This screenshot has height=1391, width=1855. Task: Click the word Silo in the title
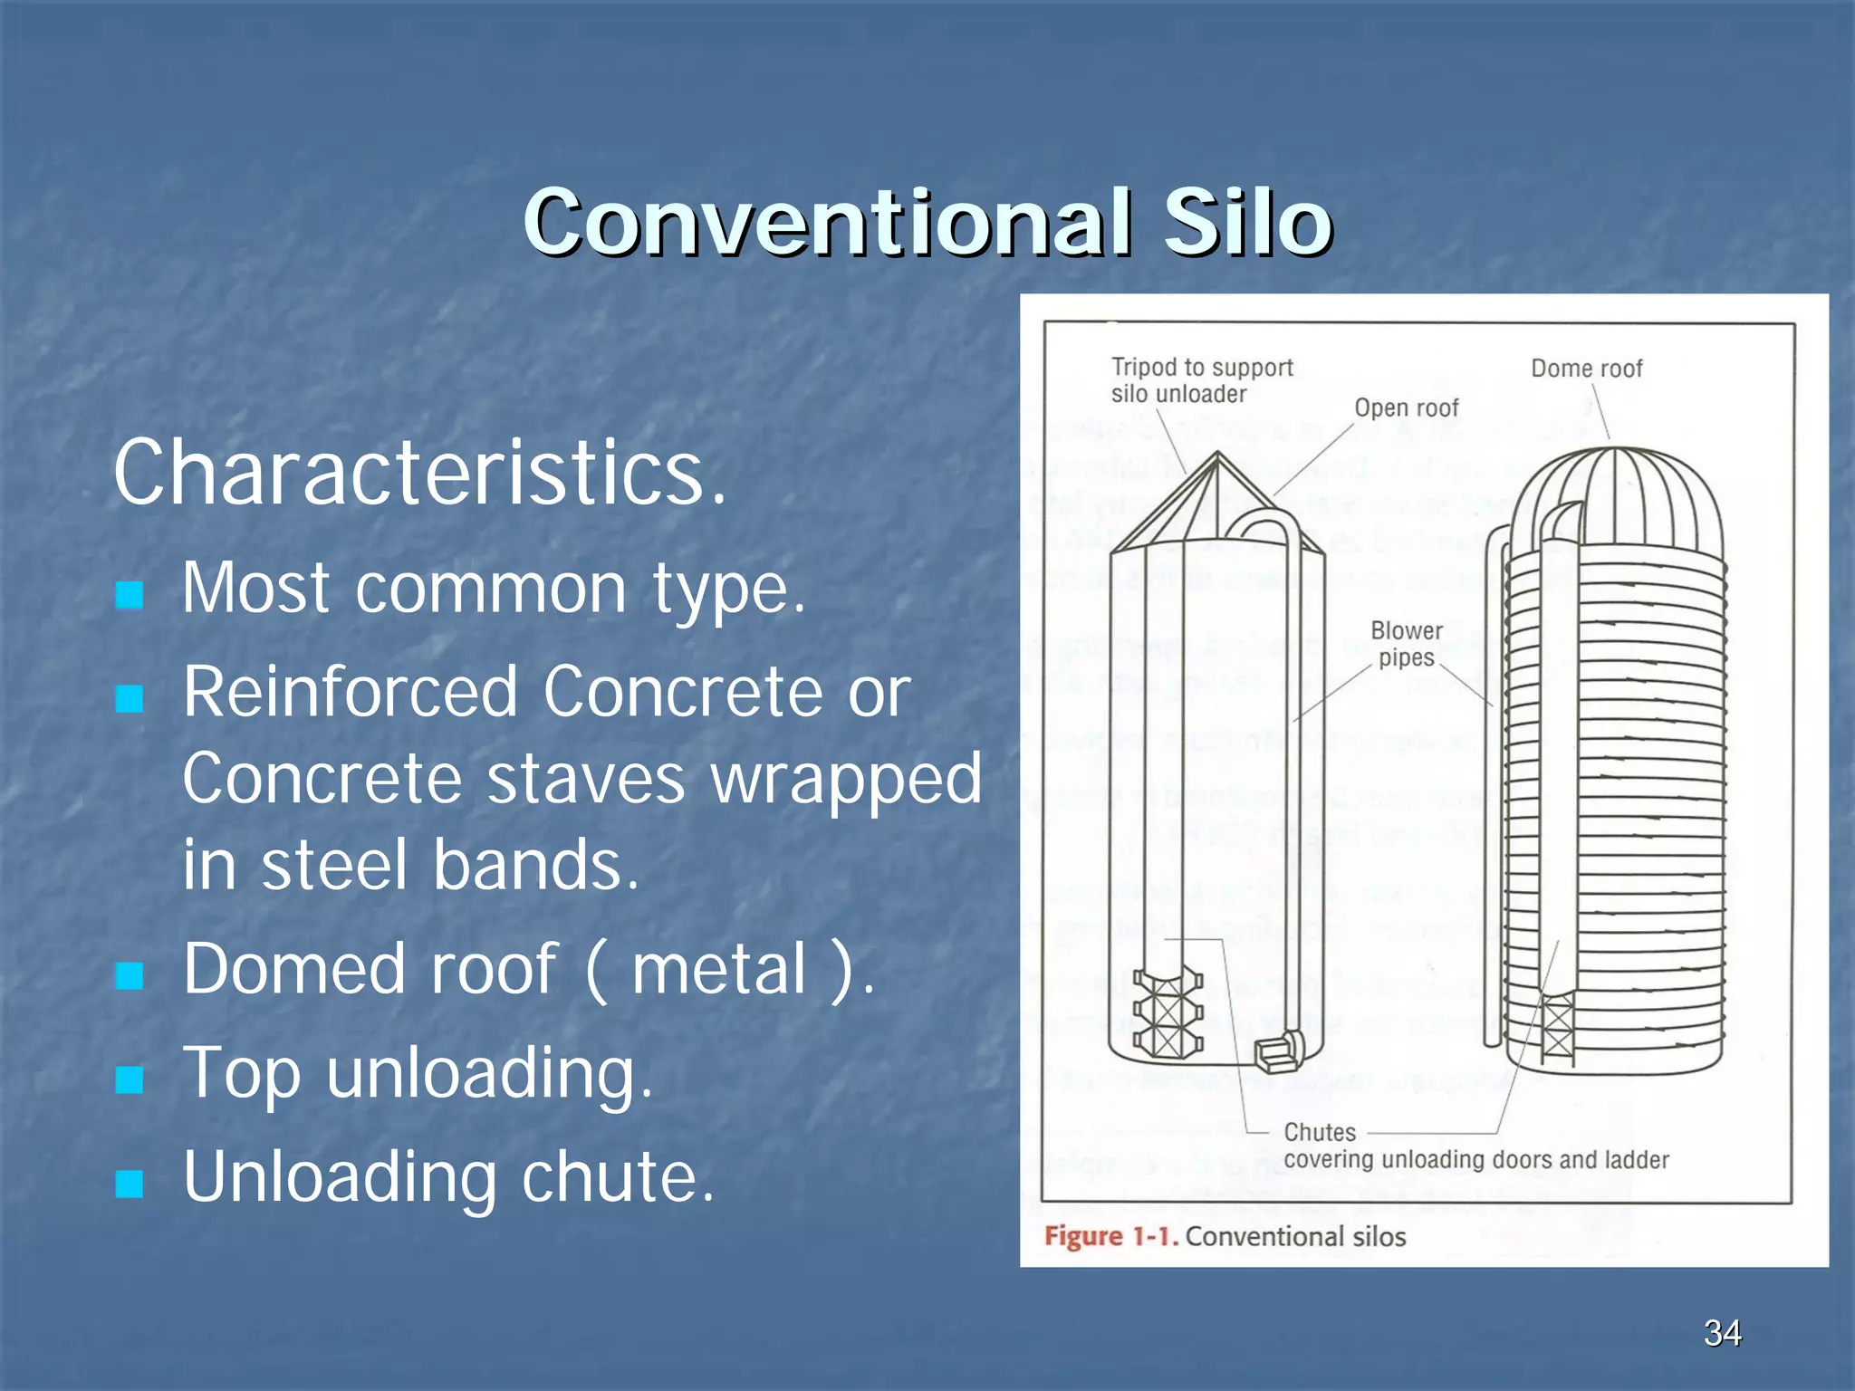click(1247, 222)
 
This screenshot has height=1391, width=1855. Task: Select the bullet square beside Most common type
click(130, 595)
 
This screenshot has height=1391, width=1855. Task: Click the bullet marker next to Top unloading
click(130, 1079)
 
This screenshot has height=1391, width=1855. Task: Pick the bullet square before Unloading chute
click(130, 1184)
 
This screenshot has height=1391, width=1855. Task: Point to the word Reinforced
click(350, 692)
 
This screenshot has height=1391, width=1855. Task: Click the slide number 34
click(1722, 1333)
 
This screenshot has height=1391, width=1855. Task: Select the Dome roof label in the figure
click(1586, 369)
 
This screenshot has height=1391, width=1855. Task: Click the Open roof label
click(1406, 408)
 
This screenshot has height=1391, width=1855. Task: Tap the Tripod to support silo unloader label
click(1201, 380)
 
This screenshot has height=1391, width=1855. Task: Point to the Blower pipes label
click(1406, 644)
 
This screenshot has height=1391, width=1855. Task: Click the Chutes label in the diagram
click(1320, 1133)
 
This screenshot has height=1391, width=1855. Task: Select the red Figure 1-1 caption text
click(1110, 1237)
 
